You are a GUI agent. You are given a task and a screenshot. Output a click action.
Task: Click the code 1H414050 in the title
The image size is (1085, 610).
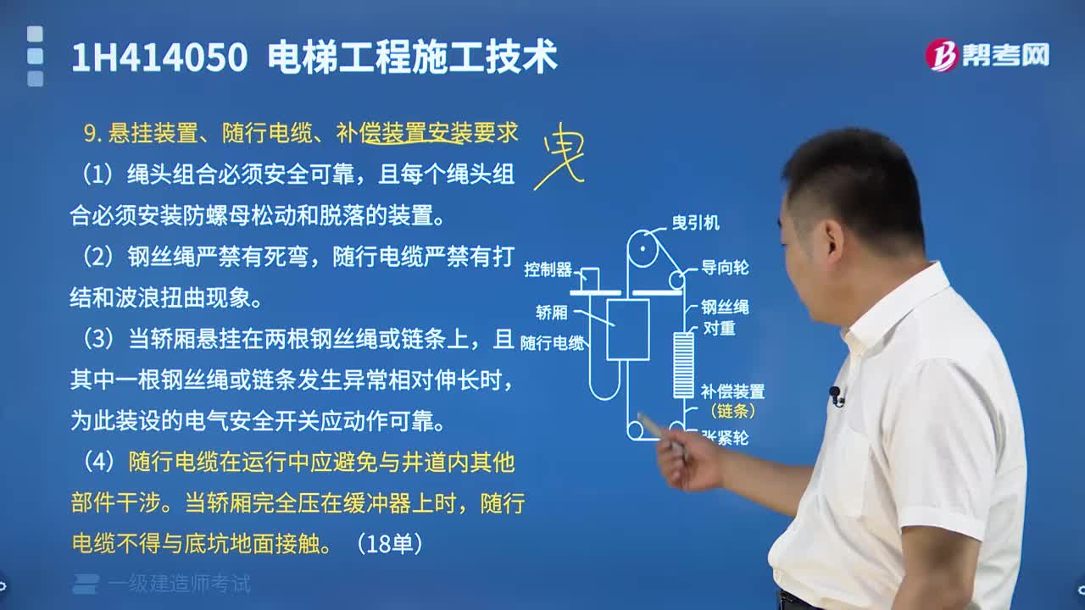tap(159, 58)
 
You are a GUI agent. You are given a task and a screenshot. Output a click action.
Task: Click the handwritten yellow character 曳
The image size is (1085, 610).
tap(559, 155)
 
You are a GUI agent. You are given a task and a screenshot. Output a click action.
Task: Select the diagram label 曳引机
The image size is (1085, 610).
tap(695, 222)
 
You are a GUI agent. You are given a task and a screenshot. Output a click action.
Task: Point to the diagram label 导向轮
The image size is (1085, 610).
tap(724, 268)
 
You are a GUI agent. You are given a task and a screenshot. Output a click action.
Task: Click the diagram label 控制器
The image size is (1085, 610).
tap(548, 269)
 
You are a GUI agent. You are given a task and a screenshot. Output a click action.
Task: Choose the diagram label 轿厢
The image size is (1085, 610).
tap(552, 312)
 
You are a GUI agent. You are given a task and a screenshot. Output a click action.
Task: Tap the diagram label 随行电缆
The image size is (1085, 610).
tap(552, 343)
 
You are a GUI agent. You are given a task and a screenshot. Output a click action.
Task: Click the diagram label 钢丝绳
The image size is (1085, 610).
tap(724, 307)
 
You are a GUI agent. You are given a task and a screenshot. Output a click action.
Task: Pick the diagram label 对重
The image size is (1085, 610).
tap(719, 329)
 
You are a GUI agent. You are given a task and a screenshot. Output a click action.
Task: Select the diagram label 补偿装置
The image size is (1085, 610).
tap(732, 391)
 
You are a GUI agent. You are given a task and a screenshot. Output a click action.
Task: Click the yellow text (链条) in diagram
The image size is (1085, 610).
tap(732, 412)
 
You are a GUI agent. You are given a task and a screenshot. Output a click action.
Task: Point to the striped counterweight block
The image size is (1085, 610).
tap(683, 364)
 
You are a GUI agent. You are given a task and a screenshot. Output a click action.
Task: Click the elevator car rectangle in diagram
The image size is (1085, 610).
tap(628, 329)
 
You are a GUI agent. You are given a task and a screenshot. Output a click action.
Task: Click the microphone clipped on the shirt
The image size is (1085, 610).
tap(836, 395)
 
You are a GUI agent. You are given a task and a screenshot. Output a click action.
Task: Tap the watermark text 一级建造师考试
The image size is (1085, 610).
tap(179, 584)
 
